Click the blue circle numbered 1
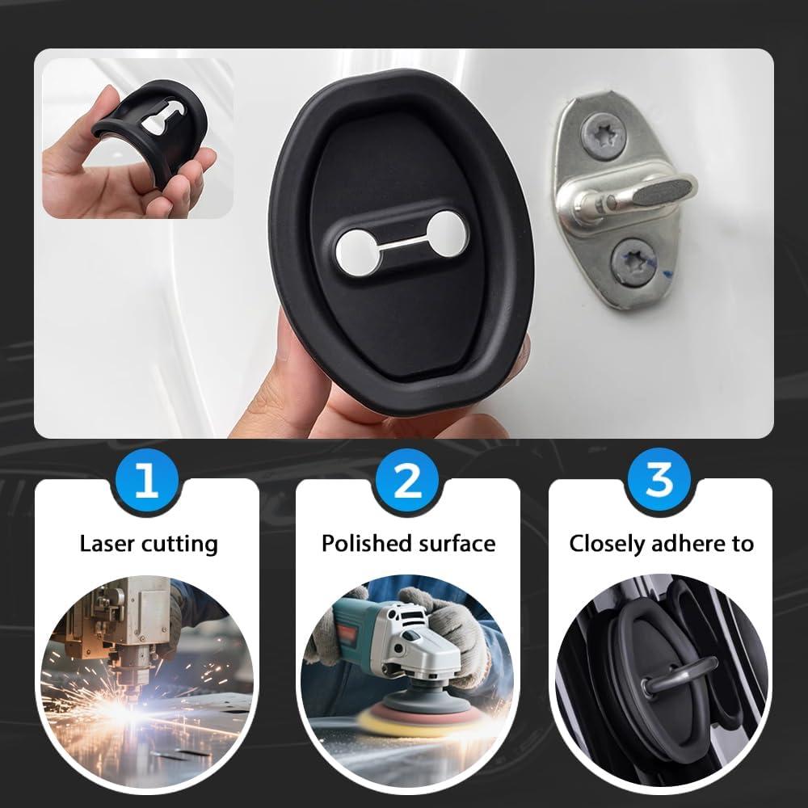tap(146, 482)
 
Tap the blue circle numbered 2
tap(406, 482)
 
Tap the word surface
tap(455, 543)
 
